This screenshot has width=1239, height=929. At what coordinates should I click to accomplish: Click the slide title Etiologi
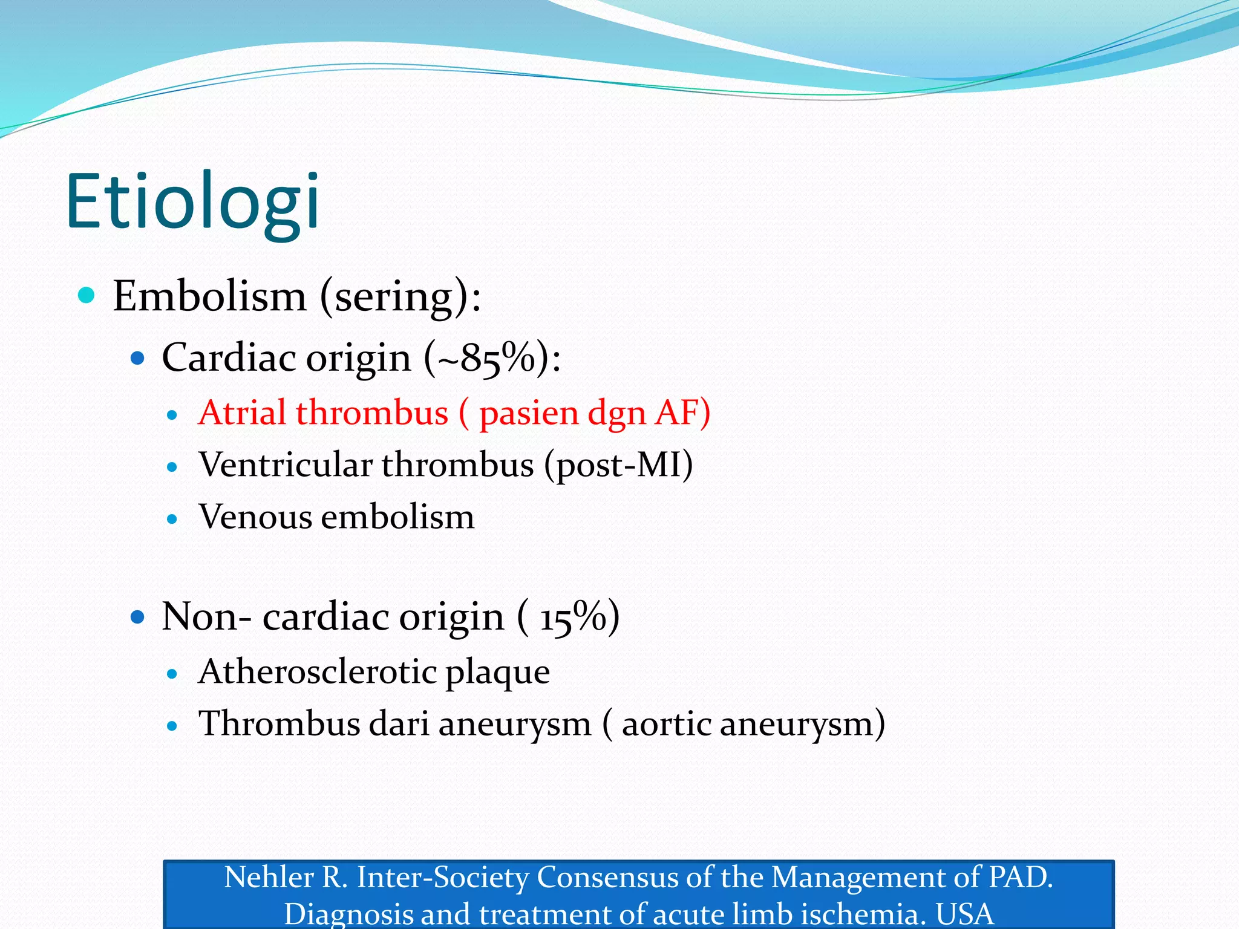tap(192, 201)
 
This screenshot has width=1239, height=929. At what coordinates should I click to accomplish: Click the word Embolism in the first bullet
tap(209, 296)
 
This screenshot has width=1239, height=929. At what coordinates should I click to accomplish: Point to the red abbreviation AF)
tap(682, 413)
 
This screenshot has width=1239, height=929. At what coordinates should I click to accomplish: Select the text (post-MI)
tap(618, 465)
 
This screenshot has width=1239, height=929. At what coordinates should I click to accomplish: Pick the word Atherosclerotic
tap(317, 672)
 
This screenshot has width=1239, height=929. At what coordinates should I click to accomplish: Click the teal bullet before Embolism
tap(87, 296)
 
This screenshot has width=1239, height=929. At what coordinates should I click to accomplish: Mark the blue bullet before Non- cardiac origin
tap(138, 618)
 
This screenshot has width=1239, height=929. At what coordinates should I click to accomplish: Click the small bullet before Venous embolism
tap(172, 519)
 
